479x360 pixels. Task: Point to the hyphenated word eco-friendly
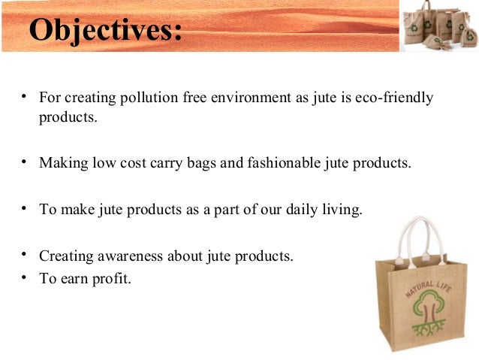[396, 98]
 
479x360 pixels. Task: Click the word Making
[62, 163]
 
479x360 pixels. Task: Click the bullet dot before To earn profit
[25, 277]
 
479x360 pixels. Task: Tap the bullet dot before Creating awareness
[25, 254]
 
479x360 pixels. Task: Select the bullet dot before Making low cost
[25, 161]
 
